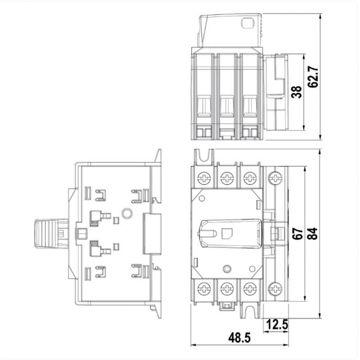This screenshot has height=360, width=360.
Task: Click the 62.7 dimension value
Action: [x=313, y=77]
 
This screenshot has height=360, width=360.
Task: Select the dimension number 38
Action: [x=297, y=92]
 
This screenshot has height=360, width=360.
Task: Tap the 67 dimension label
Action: [x=298, y=234]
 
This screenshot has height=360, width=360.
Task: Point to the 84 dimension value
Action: [x=313, y=234]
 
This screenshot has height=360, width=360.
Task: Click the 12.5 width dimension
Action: [x=277, y=324]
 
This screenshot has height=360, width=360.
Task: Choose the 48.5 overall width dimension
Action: [x=239, y=338]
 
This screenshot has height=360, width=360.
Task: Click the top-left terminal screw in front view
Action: [x=204, y=178]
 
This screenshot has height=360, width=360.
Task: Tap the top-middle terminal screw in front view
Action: [x=227, y=178]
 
